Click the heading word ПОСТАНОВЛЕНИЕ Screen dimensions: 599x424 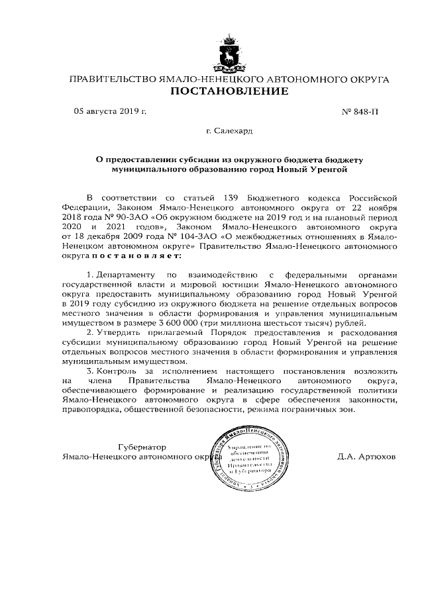pos(230,91)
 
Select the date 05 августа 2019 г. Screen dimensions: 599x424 pos(109,112)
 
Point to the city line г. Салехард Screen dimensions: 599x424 pos(229,132)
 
